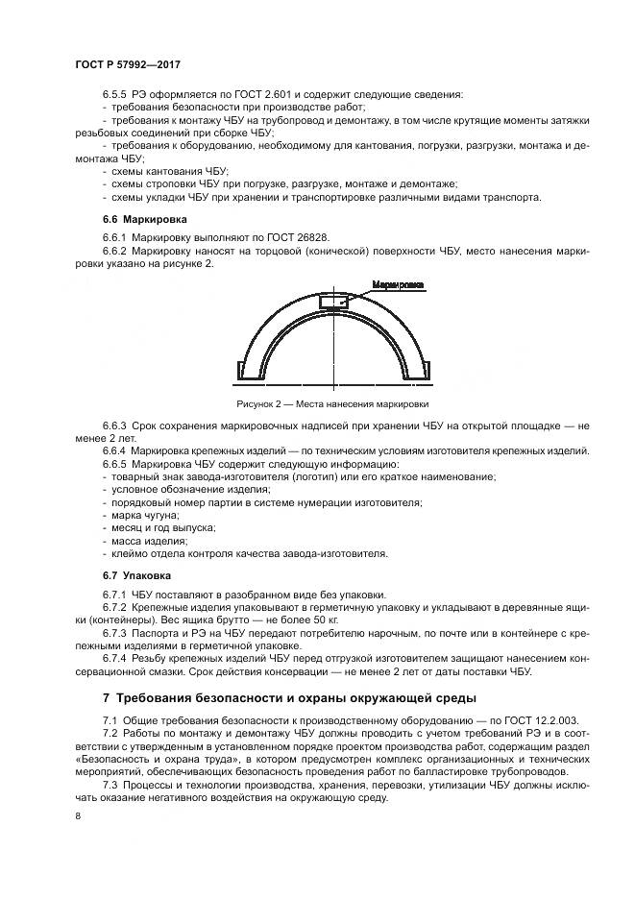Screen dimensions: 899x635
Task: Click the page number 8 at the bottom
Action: tap(78, 815)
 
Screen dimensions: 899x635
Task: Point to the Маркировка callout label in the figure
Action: tap(397, 284)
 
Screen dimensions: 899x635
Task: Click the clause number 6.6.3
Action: tap(114, 425)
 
